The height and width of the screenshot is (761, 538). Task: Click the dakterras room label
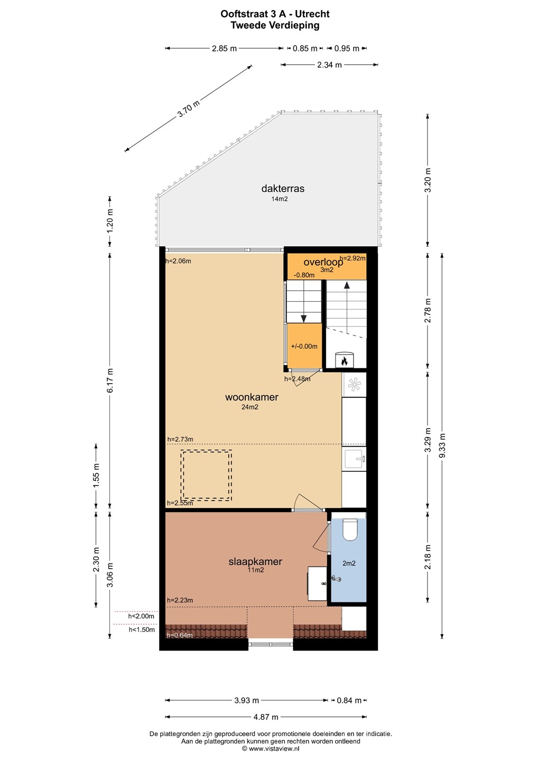[283, 189]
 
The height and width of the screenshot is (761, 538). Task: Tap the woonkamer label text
[252, 397]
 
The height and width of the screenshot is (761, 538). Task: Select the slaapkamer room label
[255, 562]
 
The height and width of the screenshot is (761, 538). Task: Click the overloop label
[323, 262]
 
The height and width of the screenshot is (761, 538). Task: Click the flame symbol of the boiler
[345, 361]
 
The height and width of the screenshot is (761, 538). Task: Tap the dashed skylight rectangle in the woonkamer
[206, 475]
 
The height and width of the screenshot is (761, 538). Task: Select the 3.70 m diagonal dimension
[189, 108]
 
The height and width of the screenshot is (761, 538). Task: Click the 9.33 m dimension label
[442, 446]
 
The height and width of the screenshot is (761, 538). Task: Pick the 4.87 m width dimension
[266, 717]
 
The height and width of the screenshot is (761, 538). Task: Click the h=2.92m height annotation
[353, 258]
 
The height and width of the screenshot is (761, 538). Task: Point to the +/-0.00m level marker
[304, 346]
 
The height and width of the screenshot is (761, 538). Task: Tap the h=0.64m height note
[180, 635]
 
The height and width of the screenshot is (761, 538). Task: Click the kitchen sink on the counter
[354, 458]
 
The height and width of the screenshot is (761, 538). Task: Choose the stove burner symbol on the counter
[354, 385]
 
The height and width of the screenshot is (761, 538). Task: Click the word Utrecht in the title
[312, 14]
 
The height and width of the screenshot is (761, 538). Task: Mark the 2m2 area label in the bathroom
[349, 563]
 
